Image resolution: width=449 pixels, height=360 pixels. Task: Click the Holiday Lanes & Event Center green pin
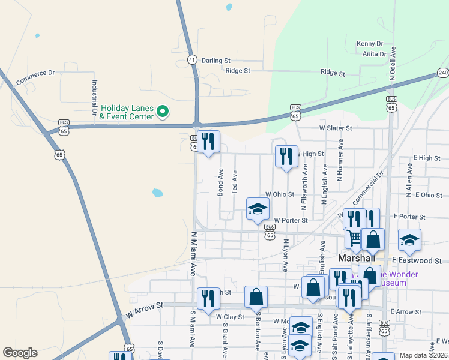[x=162, y=111]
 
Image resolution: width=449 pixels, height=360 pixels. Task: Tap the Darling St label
[x=216, y=61]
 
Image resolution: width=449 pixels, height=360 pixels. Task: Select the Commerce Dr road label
[x=35, y=77]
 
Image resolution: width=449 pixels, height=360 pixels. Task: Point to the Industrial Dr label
[x=94, y=98]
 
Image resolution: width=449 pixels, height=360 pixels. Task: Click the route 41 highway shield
[x=191, y=59]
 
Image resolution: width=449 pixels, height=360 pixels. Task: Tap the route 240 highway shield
[x=442, y=73]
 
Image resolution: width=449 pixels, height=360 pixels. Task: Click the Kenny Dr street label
[x=370, y=44]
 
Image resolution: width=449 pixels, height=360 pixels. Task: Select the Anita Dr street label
[x=375, y=54]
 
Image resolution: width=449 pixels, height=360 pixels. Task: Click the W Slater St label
[x=335, y=128]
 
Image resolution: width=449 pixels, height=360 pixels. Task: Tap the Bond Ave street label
[x=220, y=182]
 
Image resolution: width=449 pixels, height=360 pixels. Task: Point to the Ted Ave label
[x=235, y=182]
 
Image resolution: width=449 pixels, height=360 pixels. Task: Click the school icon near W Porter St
[x=258, y=209]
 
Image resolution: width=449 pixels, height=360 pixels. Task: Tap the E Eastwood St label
[x=416, y=261]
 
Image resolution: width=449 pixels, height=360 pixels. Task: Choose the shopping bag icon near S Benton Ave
[x=256, y=296]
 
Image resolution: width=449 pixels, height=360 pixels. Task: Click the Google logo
[x=20, y=353]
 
